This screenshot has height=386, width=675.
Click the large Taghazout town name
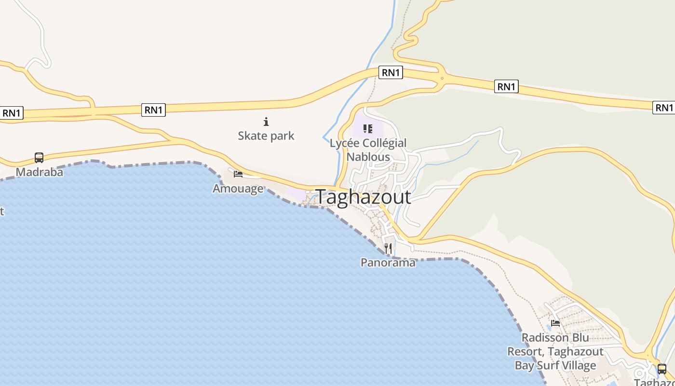pyautogui.click(x=363, y=197)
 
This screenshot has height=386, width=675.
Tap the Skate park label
pyautogui.click(x=266, y=136)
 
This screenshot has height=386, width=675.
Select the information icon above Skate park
pyautogui.click(x=266, y=122)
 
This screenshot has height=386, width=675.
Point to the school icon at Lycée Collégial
pyautogui.click(x=368, y=129)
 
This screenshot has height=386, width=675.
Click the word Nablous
pyautogui.click(x=368, y=157)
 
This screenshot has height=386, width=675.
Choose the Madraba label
pyautogui.click(x=40, y=172)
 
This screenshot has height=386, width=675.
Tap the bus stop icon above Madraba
pyautogui.click(x=39, y=158)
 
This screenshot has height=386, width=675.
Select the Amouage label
pyautogui.click(x=238, y=189)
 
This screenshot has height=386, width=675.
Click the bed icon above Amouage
pyautogui.click(x=238, y=174)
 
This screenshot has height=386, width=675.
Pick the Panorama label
pyautogui.click(x=388, y=263)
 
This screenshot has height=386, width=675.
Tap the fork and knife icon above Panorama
pyautogui.click(x=388, y=248)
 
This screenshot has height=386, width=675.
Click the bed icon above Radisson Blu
pyautogui.click(x=555, y=323)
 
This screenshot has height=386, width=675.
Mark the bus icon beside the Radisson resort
pyautogui.click(x=662, y=369)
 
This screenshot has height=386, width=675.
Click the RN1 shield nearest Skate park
pyautogui.click(x=154, y=110)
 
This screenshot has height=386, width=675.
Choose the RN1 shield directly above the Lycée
pyautogui.click(x=391, y=72)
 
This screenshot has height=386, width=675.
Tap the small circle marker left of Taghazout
pyautogui.click(x=308, y=192)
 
